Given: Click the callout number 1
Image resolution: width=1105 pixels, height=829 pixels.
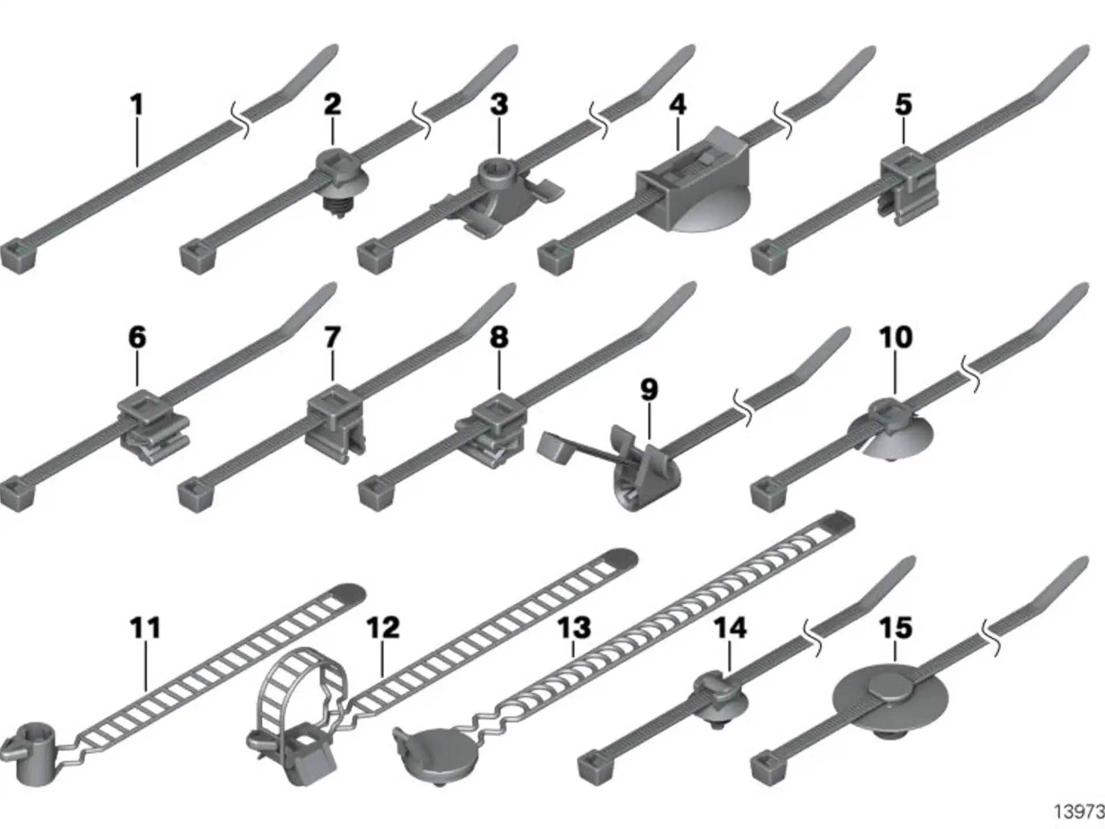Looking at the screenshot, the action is click(136, 105).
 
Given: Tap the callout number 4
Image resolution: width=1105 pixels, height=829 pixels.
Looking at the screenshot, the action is click(678, 105).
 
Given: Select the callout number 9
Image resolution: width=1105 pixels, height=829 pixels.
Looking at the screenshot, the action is click(649, 390).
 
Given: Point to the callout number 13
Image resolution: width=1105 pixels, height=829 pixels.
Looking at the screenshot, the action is click(574, 628).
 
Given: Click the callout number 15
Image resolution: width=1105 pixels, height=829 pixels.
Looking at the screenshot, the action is click(896, 628).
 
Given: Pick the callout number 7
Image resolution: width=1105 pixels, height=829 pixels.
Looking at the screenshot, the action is click(332, 337).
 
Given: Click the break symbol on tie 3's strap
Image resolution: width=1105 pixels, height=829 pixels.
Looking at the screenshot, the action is click(598, 120).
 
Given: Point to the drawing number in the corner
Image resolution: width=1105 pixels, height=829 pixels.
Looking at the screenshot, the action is click(1079, 812).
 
